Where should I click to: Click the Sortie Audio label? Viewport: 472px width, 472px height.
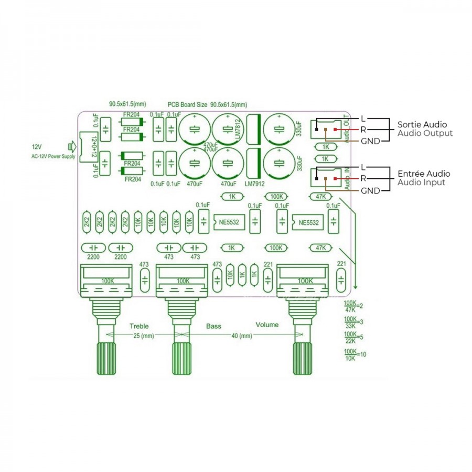[422, 125]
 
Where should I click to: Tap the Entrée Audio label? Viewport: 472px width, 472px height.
[423, 174]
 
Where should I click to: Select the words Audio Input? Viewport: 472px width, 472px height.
[421, 183]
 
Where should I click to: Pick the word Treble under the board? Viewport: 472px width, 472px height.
[139, 326]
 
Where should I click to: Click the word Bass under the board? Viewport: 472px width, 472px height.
[213, 326]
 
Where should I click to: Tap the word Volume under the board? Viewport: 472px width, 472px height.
[267, 325]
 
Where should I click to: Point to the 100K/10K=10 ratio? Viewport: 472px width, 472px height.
[355, 355]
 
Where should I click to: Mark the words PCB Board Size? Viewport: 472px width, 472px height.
[188, 104]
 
